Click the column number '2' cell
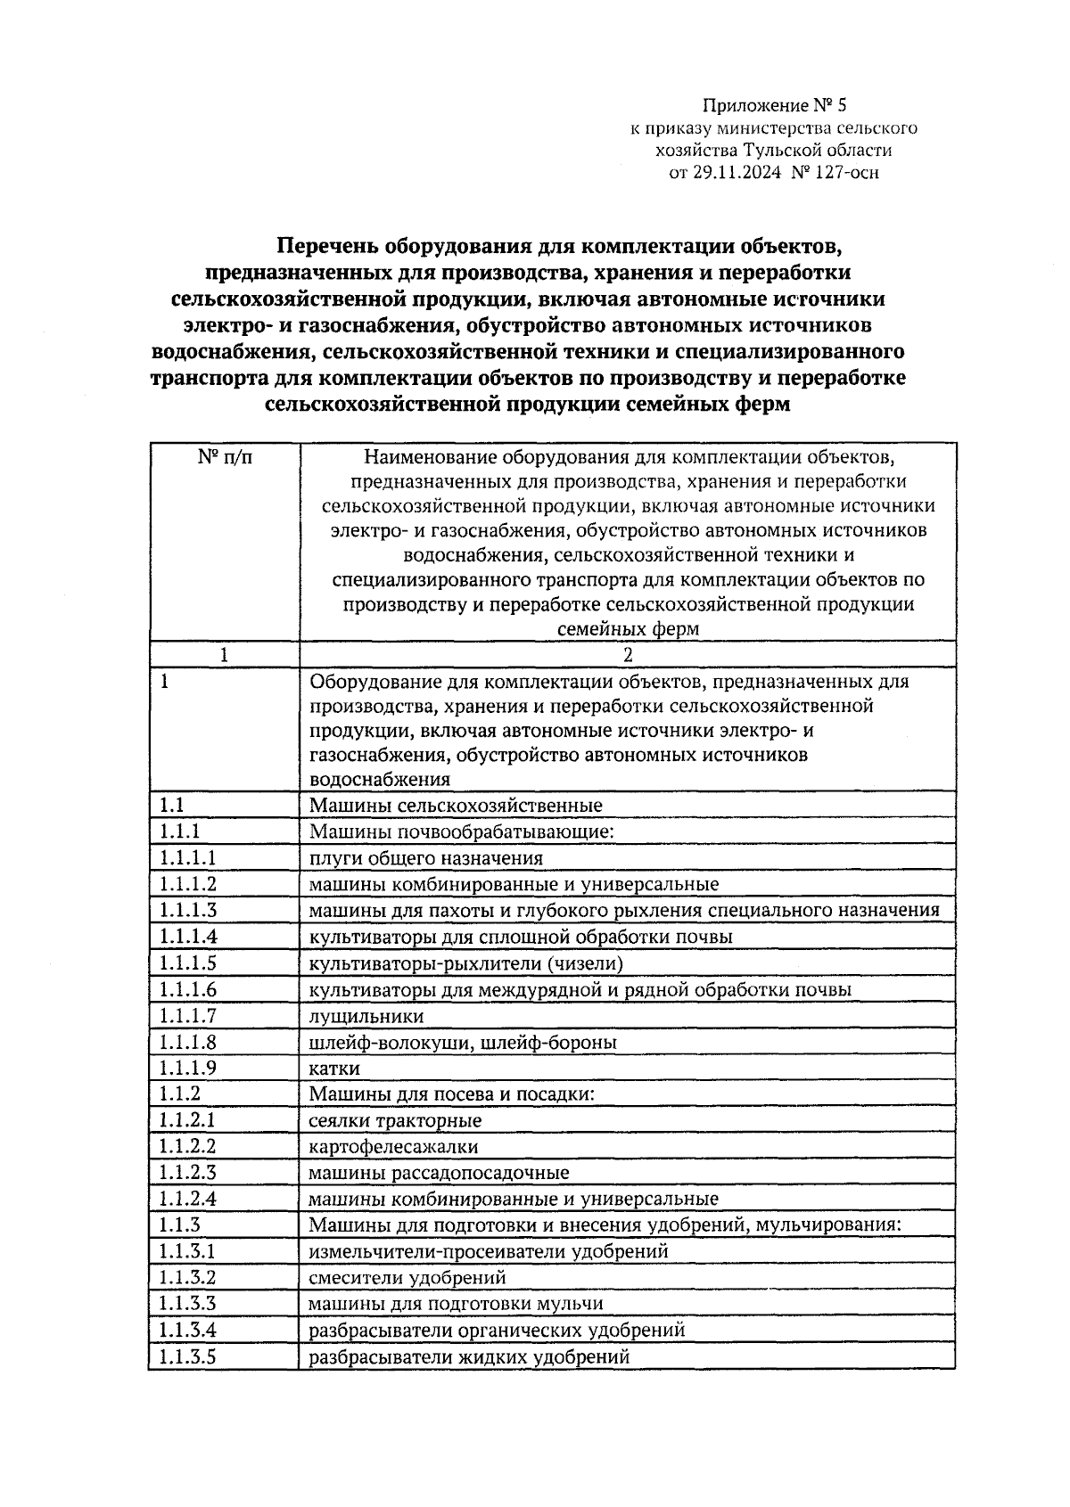[628, 655]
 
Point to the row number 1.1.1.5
[188, 963]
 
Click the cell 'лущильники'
[366, 1016]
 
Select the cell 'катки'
[334, 1069]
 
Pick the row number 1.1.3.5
[188, 1357]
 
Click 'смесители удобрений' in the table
[407, 1278]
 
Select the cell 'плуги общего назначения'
[425, 858]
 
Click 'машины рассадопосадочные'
[439, 1174]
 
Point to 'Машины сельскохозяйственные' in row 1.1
[456, 806]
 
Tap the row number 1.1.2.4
[188, 1200]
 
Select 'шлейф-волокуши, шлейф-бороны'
[463, 1043]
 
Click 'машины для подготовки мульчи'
[456, 1305]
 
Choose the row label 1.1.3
[180, 1225]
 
